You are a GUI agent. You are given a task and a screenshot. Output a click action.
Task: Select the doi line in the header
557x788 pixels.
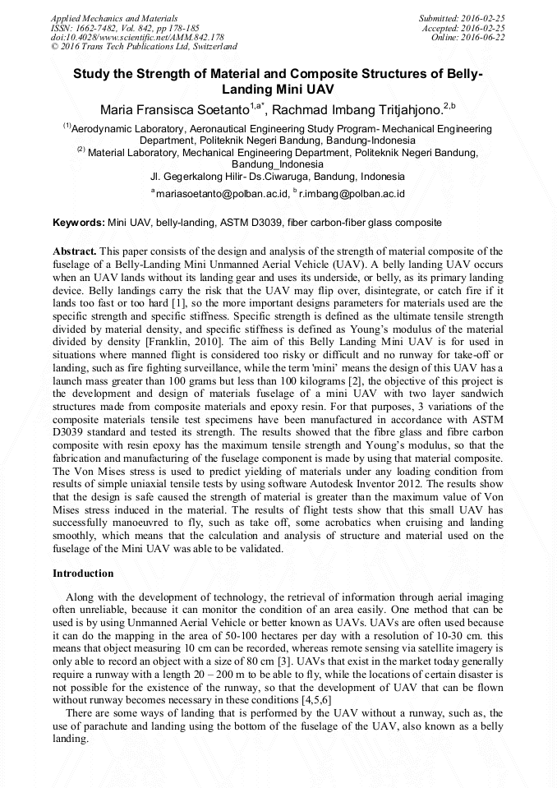click(137, 37)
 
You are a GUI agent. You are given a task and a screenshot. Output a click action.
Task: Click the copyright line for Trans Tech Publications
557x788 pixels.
click(144, 47)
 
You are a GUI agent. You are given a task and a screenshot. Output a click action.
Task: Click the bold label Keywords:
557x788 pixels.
click(79, 223)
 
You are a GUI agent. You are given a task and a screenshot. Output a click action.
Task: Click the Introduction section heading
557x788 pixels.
click(83, 573)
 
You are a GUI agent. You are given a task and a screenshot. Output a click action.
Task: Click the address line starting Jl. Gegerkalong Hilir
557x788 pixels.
click(278, 176)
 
